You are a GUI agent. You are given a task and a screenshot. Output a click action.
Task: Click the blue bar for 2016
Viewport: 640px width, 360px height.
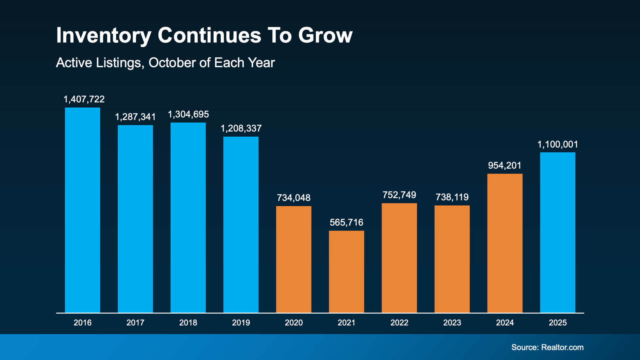[x=82, y=210]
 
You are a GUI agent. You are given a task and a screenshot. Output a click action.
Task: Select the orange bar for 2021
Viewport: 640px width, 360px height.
[x=346, y=272]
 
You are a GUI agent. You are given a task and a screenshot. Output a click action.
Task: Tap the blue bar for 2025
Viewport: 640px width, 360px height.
[x=558, y=232]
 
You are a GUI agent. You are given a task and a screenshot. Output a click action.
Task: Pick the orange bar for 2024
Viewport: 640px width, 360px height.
[x=505, y=243]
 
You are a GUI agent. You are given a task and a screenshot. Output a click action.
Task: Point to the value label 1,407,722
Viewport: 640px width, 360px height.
[x=84, y=99]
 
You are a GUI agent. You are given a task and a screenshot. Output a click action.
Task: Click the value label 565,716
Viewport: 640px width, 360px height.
[x=346, y=222]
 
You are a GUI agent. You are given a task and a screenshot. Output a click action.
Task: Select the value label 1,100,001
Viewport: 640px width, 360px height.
[x=558, y=144]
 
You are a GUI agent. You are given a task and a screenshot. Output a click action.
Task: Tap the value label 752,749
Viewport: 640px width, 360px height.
[x=399, y=195]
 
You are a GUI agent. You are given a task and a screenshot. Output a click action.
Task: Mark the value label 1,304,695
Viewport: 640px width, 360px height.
[x=188, y=114]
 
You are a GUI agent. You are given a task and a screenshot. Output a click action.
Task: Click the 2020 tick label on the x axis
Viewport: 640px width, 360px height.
[x=294, y=323]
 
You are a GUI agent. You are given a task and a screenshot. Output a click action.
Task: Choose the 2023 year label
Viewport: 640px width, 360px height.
[x=452, y=323]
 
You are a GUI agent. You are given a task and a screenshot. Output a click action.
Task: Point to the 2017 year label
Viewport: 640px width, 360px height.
[x=135, y=323]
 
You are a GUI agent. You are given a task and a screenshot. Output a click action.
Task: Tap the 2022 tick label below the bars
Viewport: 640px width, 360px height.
[x=399, y=323]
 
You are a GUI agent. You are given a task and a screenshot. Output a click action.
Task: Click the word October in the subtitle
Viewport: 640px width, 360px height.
[x=174, y=63]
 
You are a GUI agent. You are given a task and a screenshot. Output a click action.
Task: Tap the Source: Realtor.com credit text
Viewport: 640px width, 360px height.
[x=547, y=347]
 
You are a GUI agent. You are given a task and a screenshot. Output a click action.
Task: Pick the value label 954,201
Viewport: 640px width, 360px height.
[x=505, y=166]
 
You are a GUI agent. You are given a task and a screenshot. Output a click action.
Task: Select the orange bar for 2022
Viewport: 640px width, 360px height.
[x=399, y=258]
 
